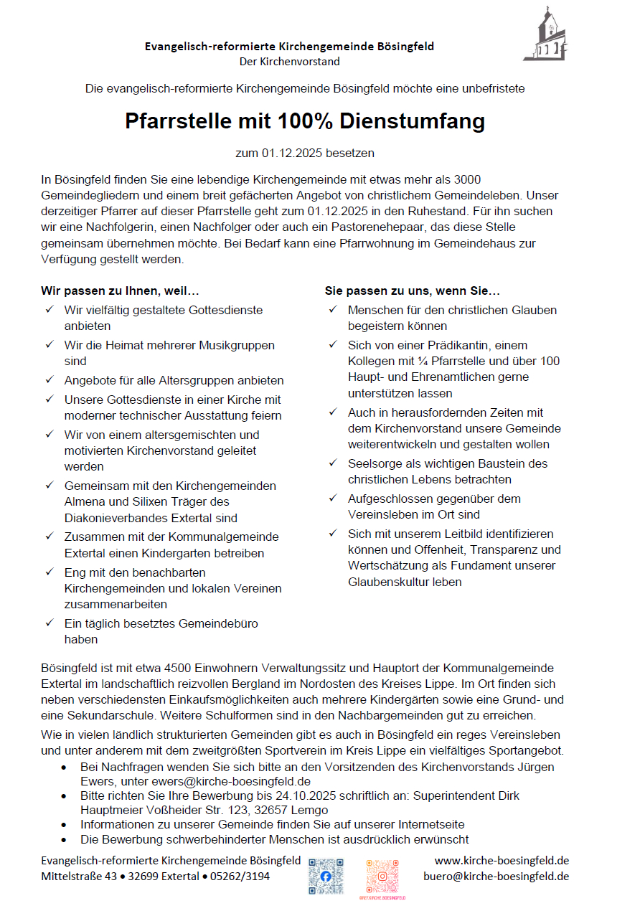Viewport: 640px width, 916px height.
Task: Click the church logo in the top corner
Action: (547, 34)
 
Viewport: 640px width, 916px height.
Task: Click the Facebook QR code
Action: (326, 876)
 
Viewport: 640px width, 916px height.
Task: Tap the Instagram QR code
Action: (382, 876)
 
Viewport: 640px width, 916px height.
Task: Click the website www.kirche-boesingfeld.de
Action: (502, 860)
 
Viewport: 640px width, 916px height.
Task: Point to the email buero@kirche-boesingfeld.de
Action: (496, 876)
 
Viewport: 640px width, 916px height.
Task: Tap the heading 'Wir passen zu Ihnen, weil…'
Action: (120, 291)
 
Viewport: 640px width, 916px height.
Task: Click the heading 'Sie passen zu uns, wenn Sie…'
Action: (413, 291)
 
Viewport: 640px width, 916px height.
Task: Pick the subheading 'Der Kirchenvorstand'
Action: (290, 62)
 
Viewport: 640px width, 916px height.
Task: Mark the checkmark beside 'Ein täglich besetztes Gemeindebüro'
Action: (50, 623)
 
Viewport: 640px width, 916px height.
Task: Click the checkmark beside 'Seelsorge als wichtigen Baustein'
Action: (333, 463)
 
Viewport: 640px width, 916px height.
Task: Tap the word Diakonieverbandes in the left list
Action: (113, 517)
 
